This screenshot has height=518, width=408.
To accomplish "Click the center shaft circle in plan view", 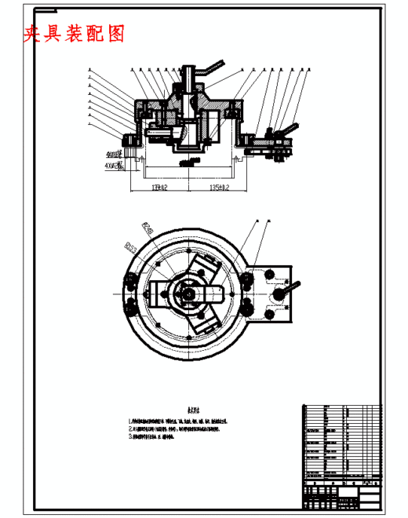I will [188, 293].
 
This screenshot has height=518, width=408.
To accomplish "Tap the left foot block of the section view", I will [128, 141].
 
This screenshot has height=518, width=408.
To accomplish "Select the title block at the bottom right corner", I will [341, 495].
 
